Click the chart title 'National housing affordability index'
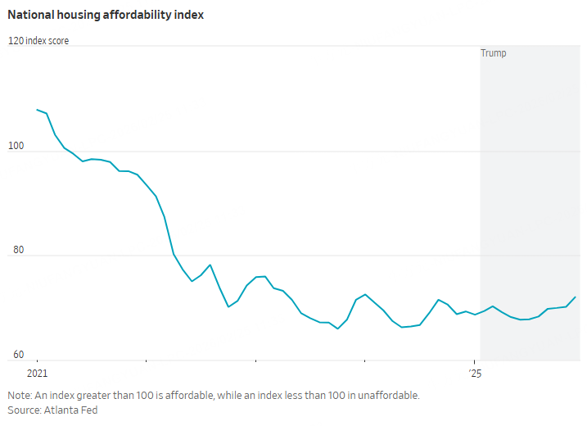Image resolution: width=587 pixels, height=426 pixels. click(x=106, y=15)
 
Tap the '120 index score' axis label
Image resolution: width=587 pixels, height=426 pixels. click(x=38, y=41)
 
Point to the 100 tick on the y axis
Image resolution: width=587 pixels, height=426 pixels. click(x=16, y=146)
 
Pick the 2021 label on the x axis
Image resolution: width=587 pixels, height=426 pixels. click(x=38, y=373)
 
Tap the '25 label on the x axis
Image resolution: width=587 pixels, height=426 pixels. click(x=474, y=373)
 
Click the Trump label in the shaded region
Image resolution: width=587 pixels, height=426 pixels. click(x=494, y=53)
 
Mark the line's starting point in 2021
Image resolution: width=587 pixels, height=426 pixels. click(x=38, y=109)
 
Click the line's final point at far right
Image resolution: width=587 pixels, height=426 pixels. click(x=576, y=297)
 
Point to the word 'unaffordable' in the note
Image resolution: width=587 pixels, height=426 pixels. click(x=391, y=395)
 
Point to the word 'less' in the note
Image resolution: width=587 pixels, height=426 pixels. click(x=297, y=395)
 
